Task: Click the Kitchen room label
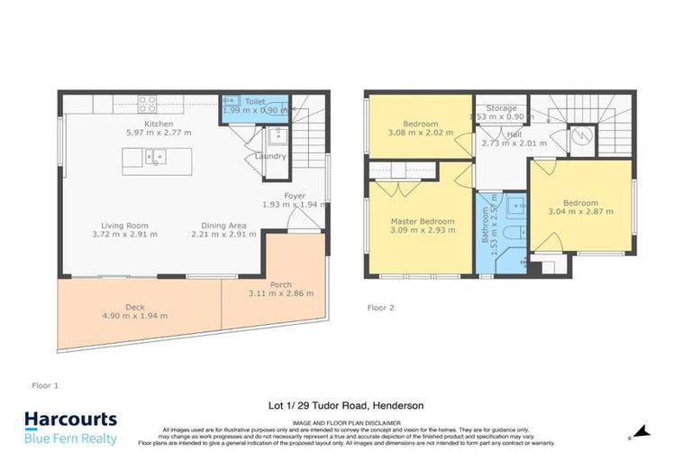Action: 159,123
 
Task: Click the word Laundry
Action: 270,157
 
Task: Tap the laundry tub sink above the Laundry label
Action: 277,137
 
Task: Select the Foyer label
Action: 295,196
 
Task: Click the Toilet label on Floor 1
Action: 254,103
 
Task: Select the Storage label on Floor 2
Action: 501,108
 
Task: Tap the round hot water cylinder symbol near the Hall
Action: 583,136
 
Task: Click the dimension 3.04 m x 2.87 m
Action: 580,212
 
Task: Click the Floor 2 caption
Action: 382,308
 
